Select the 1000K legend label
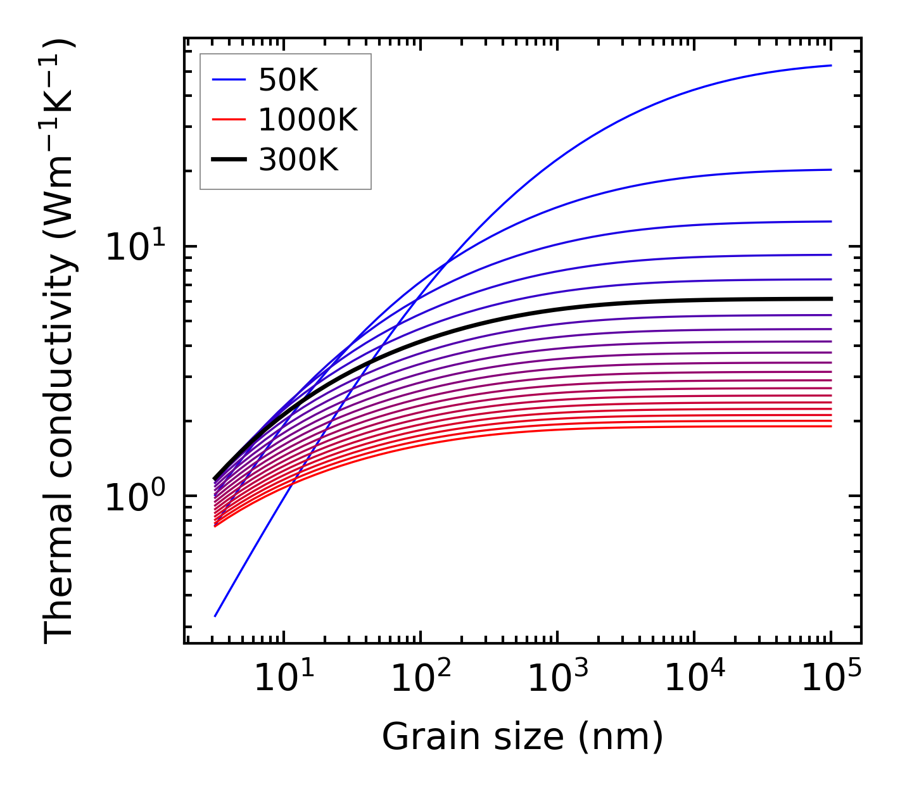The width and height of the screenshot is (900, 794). pos(308,120)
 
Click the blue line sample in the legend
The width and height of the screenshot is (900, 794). pos(228,80)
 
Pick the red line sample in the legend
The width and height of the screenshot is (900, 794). pos(228,120)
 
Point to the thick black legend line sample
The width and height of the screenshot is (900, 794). pos(228,160)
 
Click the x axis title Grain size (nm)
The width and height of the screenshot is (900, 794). pos(523,737)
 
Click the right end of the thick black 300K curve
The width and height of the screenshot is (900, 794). pos(830,299)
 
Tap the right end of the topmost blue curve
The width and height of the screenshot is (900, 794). pos(830,65)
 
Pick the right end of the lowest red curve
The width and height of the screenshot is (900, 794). pos(830,426)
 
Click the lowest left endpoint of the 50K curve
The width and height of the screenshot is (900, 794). pos(215,615)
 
